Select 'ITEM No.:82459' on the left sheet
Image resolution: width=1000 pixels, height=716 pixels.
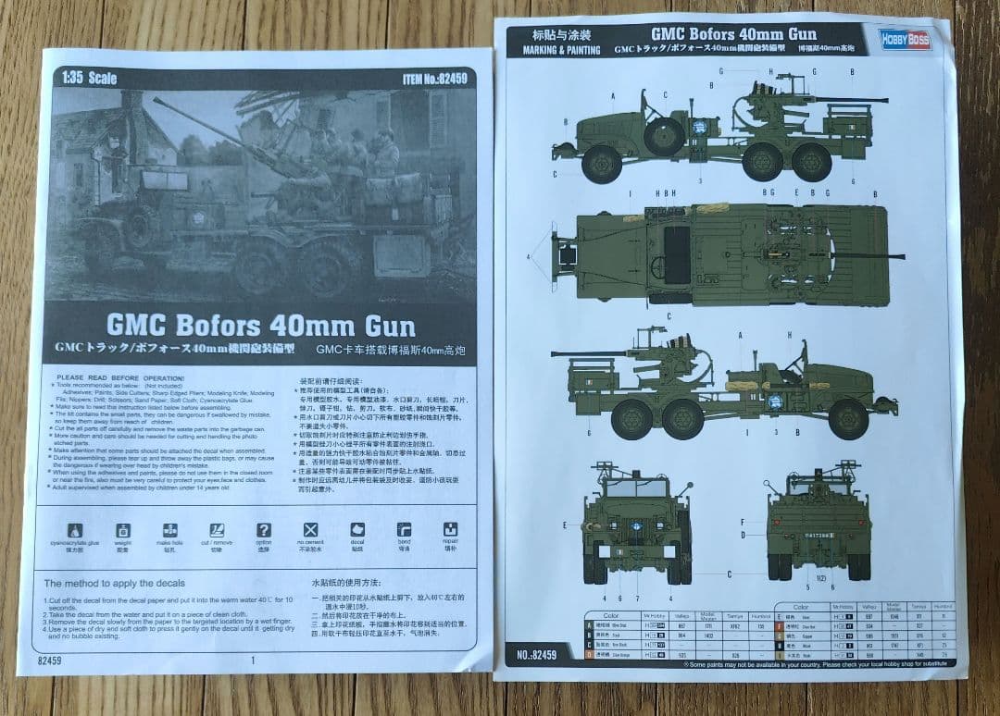(x=433, y=80)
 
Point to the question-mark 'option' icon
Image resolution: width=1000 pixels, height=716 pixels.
(x=264, y=530)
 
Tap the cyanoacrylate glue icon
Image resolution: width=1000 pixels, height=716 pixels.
(x=77, y=530)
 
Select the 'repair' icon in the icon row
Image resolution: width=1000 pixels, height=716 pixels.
(x=450, y=530)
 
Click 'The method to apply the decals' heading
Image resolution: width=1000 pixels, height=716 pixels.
(x=115, y=583)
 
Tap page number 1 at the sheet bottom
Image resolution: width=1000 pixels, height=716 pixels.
(x=252, y=660)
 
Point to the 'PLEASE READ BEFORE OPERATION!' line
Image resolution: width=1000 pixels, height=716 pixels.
(x=120, y=378)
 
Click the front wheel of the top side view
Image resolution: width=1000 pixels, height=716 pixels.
(x=603, y=163)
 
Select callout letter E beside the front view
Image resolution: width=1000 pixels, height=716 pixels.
(x=564, y=525)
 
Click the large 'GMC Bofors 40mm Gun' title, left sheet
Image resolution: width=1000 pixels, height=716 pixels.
(x=261, y=326)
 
